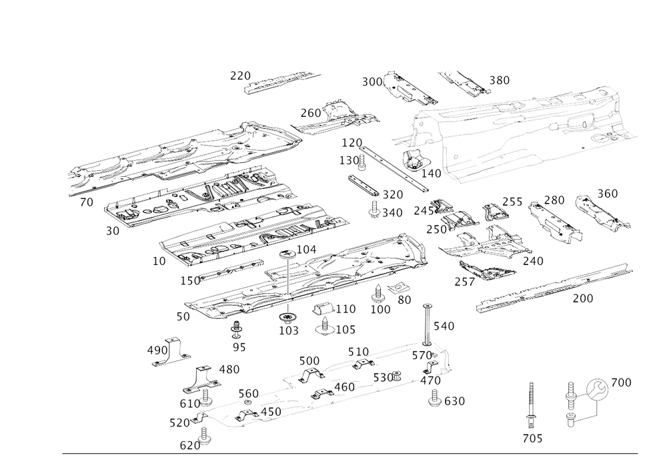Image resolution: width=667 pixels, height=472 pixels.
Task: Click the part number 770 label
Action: pyautogui.click(x=239, y=76)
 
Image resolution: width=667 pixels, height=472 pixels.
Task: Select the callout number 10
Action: pyautogui.click(x=158, y=261)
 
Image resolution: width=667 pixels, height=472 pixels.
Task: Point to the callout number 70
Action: pyautogui.click(x=87, y=200)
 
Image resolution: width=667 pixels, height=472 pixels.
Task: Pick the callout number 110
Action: pyautogui.click(x=348, y=308)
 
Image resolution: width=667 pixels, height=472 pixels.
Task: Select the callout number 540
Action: pyautogui.click(x=445, y=326)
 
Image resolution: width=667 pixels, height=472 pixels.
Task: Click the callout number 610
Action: pyautogui.click(x=187, y=402)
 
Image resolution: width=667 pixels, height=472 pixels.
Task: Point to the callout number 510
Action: pyautogui.click(x=358, y=350)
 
